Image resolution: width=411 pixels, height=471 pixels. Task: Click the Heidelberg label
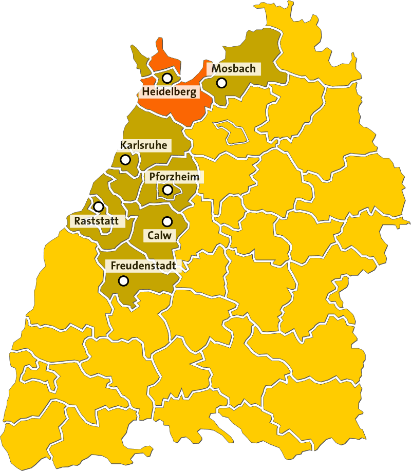(x=169, y=92)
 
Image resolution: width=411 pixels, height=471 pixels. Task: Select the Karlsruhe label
(x=143, y=145)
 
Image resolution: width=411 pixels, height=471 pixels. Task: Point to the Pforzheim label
(x=174, y=177)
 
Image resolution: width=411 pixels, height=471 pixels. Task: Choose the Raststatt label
(x=97, y=221)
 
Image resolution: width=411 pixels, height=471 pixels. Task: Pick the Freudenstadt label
(x=143, y=266)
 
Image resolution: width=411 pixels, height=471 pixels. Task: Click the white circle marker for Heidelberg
(x=167, y=78)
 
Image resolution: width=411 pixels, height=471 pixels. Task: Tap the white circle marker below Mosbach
(x=221, y=82)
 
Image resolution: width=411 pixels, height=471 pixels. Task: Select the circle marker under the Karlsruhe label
(x=125, y=160)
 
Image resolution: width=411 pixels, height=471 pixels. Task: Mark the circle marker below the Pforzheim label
(x=167, y=190)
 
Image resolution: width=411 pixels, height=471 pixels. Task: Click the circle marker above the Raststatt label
(x=98, y=206)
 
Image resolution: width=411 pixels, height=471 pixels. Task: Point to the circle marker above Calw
(x=167, y=221)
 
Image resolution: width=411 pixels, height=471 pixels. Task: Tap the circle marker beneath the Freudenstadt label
(x=123, y=281)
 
